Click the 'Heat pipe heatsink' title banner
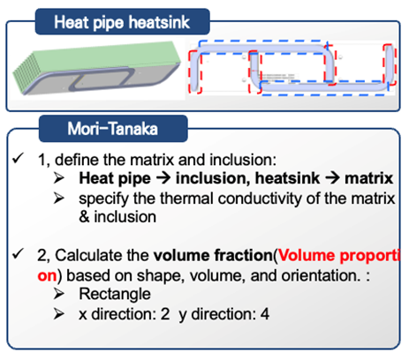click(x=122, y=22)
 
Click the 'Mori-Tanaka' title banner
click(x=113, y=129)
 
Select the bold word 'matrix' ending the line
click(x=369, y=178)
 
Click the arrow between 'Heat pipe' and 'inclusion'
click(x=163, y=178)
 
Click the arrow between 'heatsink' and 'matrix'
click(x=332, y=178)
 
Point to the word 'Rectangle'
click(x=115, y=294)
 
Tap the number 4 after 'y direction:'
click(x=265, y=314)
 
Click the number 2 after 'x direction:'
click(x=165, y=314)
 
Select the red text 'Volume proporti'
click(x=339, y=255)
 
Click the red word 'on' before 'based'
click(x=47, y=276)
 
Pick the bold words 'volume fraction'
click(x=213, y=255)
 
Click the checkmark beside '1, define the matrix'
click(x=18, y=158)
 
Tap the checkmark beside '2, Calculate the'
click(x=18, y=253)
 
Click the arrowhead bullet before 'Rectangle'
click(x=59, y=294)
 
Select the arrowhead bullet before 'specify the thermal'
click(x=59, y=199)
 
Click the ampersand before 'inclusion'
click(x=84, y=217)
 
